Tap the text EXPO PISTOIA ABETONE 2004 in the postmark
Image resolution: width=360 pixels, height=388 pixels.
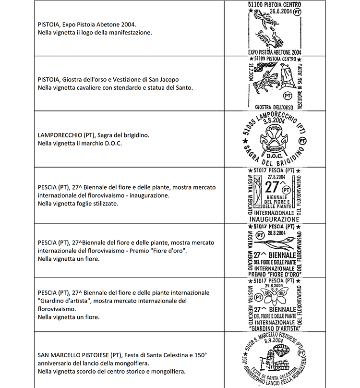[x=275, y=52]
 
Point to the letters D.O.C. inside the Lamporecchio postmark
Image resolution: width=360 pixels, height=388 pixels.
[x=275, y=155]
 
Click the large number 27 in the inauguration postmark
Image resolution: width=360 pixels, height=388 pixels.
[x=273, y=187]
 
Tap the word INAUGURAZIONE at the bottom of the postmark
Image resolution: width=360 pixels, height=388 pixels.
[x=275, y=219]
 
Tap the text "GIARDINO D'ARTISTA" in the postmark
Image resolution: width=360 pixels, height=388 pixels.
[x=275, y=328]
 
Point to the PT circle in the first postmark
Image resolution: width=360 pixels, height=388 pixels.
[x=298, y=11]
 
